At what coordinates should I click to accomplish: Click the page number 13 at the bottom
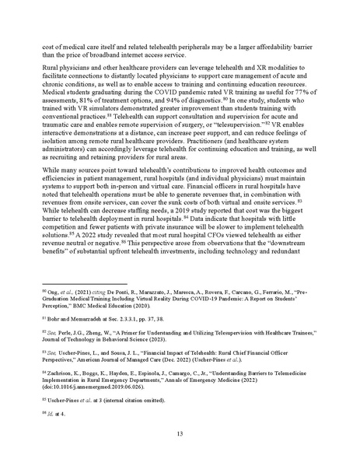point(180,433)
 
